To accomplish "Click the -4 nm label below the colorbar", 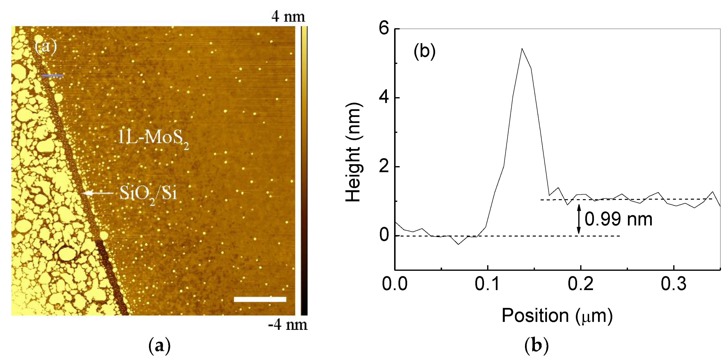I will pyautogui.click(x=287, y=325).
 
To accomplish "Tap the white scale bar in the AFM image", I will pyautogui.click(x=260, y=299).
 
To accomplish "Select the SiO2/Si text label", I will pyautogui.click(x=148, y=193).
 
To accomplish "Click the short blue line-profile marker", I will pyautogui.click(x=52, y=76).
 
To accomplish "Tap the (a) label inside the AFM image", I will pyautogui.click(x=46, y=46).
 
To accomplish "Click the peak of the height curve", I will pyautogui.click(x=522, y=49).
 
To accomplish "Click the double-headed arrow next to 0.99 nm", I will pyautogui.click(x=579, y=219).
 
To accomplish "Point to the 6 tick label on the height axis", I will pyautogui.click(x=384, y=29).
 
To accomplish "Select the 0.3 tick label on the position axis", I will pyautogui.click(x=673, y=284).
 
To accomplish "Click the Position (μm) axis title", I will pyautogui.click(x=557, y=315).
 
